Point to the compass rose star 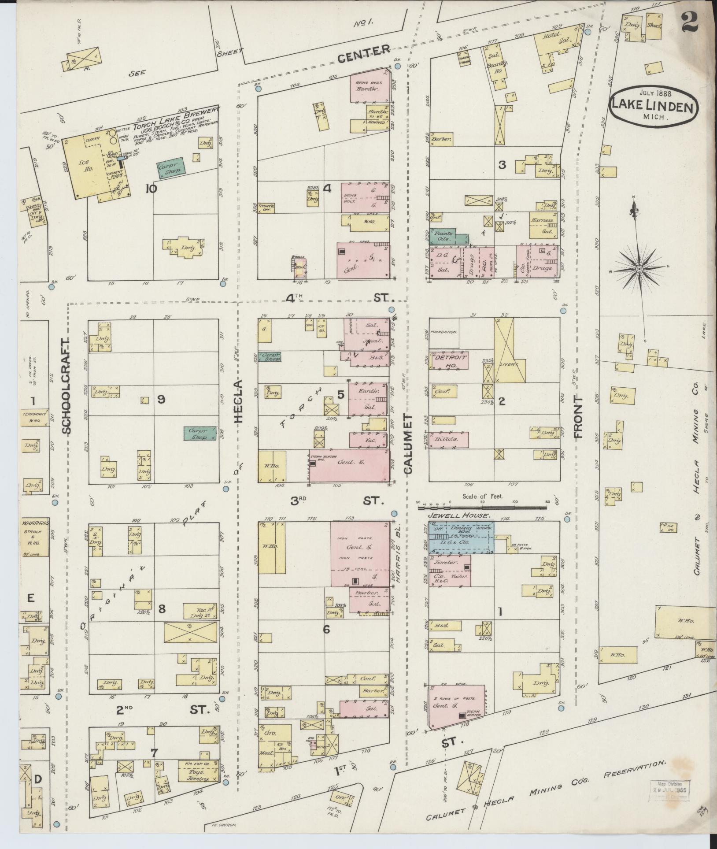638,268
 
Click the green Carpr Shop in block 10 171,170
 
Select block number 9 161,399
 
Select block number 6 326,629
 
